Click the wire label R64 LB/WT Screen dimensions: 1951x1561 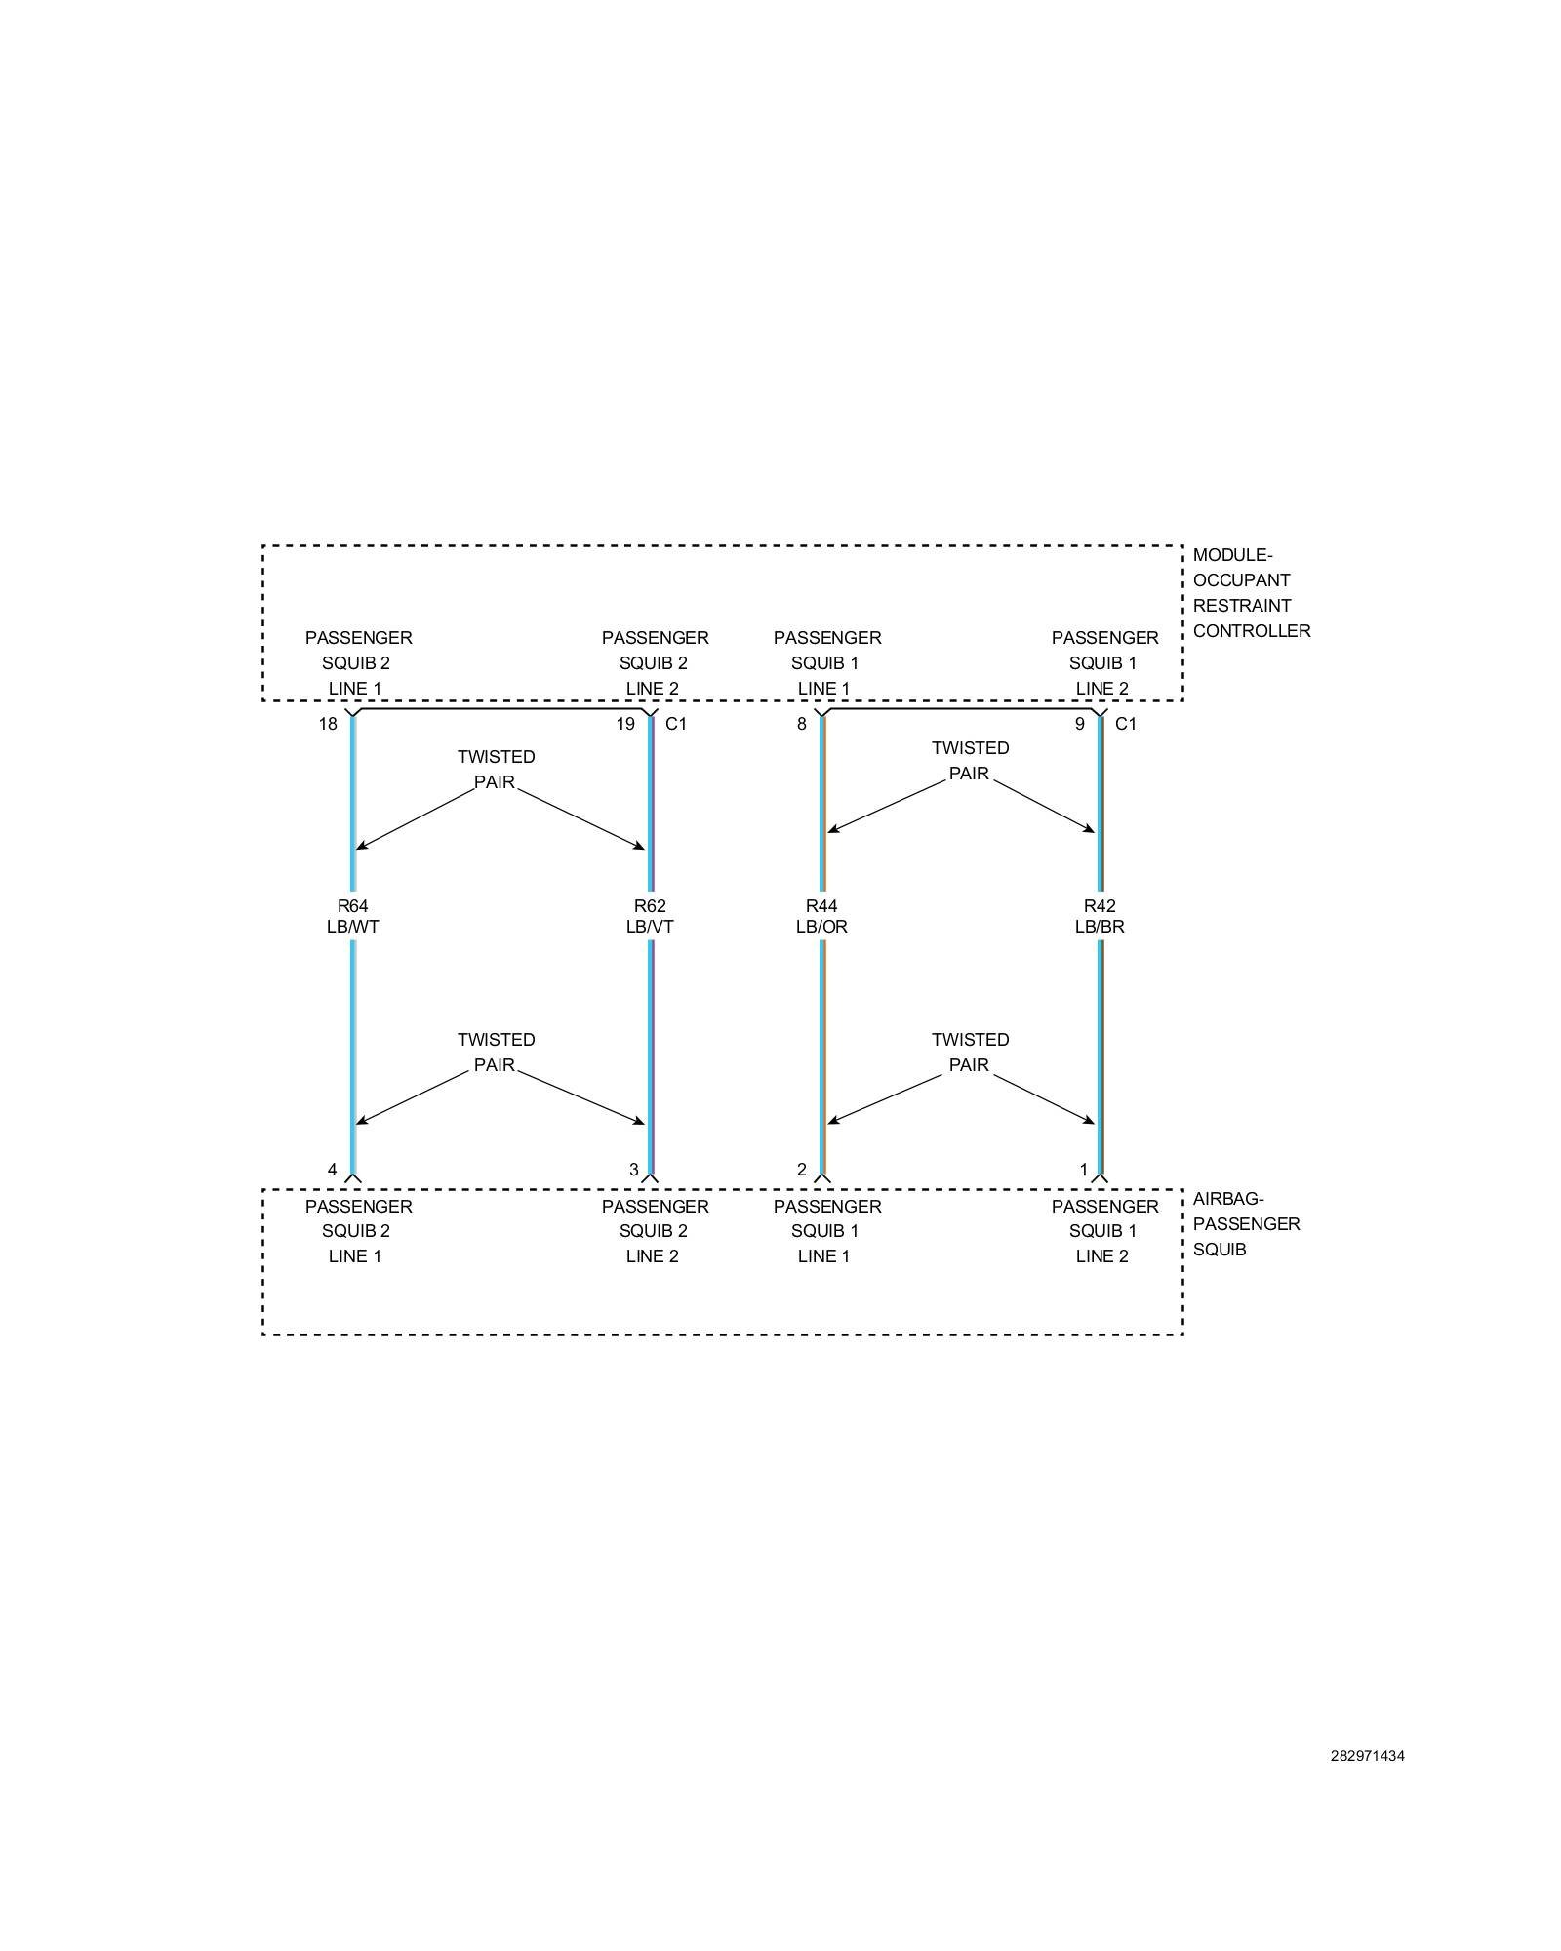pyautogui.click(x=352, y=916)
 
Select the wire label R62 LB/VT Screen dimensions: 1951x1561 pyautogui.click(x=650, y=916)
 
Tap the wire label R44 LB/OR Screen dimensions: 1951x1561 pyautogui.click(x=821, y=916)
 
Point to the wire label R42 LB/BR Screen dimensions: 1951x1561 pyautogui.click(x=1100, y=916)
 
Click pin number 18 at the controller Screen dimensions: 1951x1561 pyautogui.click(x=328, y=724)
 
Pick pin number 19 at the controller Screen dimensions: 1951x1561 pyautogui.click(x=625, y=724)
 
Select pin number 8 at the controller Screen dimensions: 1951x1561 pyautogui.click(x=802, y=724)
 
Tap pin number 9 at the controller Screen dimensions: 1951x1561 pyautogui.click(x=1079, y=724)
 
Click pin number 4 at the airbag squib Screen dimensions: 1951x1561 pyautogui.click(x=333, y=1170)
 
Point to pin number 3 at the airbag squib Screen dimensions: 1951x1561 pyautogui.click(x=634, y=1170)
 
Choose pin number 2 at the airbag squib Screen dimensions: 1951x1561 pyautogui.click(x=802, y=1170)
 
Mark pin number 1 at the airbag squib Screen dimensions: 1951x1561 pyautogui.click(x=1083, y=1170)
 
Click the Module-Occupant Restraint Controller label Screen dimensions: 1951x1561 pyautogui.click(x=1251, y=593)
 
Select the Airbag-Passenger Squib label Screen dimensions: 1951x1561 pyautogui.click(x=1246, y=1224)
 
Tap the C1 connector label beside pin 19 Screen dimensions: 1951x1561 pyautogui.click(x=676, y=724)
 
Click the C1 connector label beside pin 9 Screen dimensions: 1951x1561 pyautogui.click(x=1126, y=724)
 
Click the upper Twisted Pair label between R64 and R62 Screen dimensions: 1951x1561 pyautogui.click(x=496, y=770)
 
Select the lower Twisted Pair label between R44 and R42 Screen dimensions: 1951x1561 pyautogui.click(x=970, y=1053)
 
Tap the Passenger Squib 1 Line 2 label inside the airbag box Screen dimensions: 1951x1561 pyautogui.click(x=1104, y=1231)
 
